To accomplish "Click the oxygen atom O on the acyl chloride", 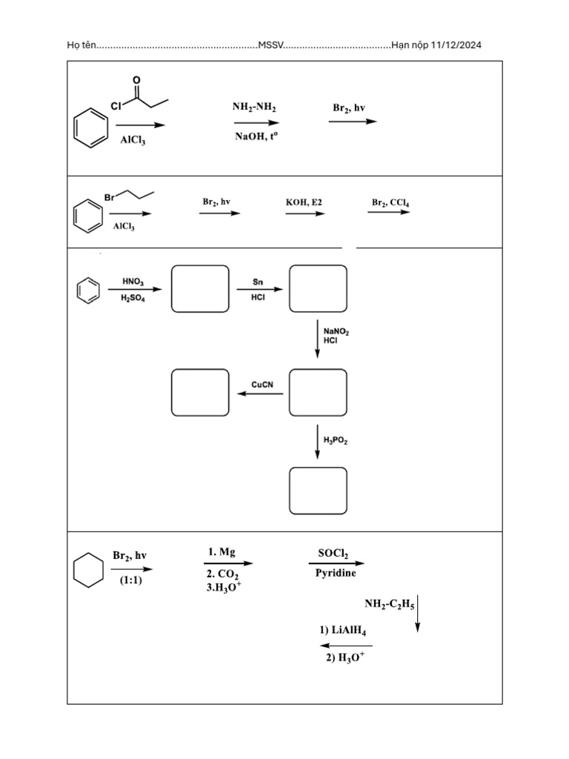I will (136, 79).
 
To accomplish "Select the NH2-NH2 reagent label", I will (254, 107).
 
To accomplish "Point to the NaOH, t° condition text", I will (256, 137).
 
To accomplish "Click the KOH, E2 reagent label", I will (304, 202).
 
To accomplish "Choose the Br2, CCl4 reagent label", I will (390, 202).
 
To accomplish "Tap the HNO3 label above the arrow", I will (133, 282).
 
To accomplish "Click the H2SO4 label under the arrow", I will (133, 298).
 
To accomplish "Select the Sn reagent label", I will (258, 282).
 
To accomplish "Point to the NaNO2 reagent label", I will (336, 332).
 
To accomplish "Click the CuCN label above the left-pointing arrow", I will (263, 385).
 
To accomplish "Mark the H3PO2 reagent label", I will (336, 440).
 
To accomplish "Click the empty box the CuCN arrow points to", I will (200, 392).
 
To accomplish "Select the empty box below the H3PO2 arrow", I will (318, 490).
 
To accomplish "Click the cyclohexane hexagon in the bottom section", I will (88, 571).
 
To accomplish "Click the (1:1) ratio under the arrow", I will (130, 580).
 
